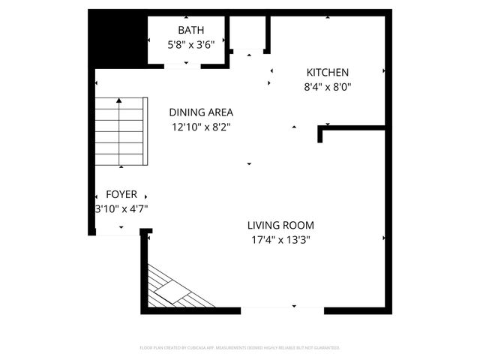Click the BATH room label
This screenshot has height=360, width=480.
coord(190,30)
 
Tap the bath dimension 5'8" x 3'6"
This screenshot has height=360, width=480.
coord(190,44)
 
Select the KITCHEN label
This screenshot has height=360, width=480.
coord(327,73)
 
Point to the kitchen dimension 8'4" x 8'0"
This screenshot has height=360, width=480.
coord(327,87)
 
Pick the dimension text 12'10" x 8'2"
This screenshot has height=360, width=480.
coord(200,127)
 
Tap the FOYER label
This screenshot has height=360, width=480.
coord(121,194)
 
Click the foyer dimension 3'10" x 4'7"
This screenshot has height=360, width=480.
coord(121,209)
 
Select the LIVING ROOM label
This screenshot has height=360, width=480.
coord(280,225)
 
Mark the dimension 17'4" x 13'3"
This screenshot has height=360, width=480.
coord(280,240)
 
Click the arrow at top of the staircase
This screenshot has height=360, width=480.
coord(119,100)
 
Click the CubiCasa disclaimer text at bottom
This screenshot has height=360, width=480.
coord(240,347)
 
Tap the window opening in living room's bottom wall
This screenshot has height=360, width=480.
coord(282,310)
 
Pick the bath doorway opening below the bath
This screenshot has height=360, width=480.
coord(182,67)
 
